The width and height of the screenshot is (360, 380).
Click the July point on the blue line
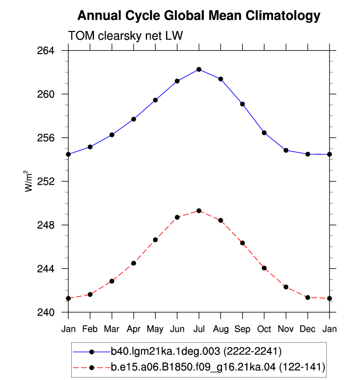[199, 69]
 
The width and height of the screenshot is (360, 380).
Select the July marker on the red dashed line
[199, 211]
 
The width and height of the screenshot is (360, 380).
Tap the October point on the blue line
[264, 133]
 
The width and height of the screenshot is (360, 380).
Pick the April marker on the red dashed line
[134, 263]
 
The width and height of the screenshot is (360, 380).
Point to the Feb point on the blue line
[90, 147]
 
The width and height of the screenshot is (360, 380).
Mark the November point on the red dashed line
[286, 287]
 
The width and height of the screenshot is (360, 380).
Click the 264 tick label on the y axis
[46, 51]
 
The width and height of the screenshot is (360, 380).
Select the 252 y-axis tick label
[46, 181]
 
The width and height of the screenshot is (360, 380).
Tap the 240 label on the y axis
[46, 312]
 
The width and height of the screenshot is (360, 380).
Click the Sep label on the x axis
[242, 329]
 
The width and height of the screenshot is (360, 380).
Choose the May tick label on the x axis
[155, 329]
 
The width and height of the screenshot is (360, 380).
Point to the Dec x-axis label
[307, 329]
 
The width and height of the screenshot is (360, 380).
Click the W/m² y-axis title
[28, 181]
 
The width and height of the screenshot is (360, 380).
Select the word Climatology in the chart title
[283, 16]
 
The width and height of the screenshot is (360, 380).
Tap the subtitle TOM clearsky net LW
[125, 35]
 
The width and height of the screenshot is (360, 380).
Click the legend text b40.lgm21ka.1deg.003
[166, 351]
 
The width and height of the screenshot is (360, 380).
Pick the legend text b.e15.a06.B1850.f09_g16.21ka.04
[193, 367]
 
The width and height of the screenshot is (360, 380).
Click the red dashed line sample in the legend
[91, 368]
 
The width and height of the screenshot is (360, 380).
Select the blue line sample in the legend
[91, 351]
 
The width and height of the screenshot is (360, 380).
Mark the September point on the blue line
[242, 104]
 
